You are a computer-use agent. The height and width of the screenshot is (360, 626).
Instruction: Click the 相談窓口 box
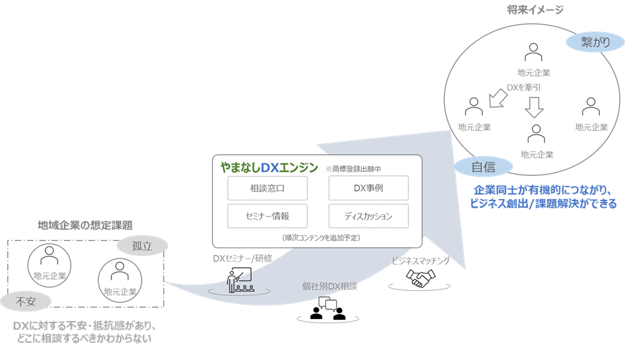[268, 188]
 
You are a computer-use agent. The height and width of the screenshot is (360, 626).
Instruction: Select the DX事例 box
[368, 188]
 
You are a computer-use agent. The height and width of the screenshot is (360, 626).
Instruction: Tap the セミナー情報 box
[268, 216]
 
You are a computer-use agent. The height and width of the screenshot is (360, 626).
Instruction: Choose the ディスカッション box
[368, 216]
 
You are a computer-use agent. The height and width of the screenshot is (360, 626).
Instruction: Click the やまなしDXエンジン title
[268, 167]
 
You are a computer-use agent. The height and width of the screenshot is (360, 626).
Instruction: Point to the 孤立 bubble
[141, 246]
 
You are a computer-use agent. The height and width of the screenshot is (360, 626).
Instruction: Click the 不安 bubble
[26, 301]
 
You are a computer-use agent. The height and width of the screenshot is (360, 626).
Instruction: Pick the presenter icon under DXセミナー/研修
[239, 281]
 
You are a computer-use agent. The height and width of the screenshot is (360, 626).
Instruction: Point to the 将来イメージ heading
[535, 9]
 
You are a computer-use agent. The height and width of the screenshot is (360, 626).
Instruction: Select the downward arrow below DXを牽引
[534, 107]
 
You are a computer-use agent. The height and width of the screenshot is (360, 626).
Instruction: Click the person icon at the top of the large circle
[534, 52]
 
